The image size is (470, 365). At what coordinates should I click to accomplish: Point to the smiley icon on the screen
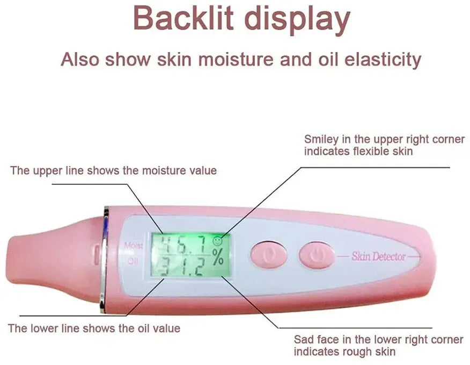click(217, 241)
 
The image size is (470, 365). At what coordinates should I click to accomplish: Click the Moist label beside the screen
click(133, 246)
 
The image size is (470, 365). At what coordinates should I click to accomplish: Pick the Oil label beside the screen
click(134, 262)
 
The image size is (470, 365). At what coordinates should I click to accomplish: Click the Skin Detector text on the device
click(378, 256)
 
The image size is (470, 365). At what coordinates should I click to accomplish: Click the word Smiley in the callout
click(321, 140)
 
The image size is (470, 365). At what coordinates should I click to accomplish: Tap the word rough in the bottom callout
click(359, 352)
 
